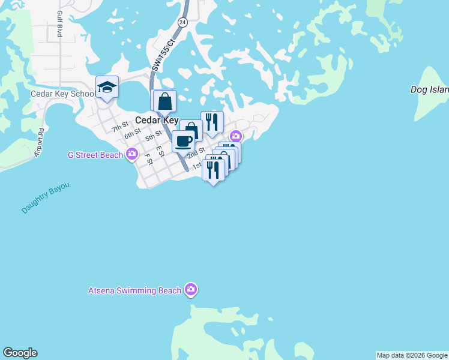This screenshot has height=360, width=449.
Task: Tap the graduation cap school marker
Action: click(107, 88)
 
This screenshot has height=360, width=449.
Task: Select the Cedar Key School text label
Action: click(63, 94)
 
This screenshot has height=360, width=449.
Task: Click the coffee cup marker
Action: click(183, 142)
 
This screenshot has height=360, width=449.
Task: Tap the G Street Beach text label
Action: click(95, 155)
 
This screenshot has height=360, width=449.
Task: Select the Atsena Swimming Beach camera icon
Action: click(191, 290)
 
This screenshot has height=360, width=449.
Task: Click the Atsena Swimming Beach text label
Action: click(134, 291)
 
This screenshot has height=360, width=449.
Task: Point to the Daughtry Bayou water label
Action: click(46, 198)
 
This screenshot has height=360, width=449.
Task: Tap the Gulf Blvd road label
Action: click(60, 24)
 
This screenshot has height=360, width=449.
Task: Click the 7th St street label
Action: click(120, 127)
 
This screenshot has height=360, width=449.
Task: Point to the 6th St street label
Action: click(133, 133)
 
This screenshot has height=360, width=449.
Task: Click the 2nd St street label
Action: click(196, 152)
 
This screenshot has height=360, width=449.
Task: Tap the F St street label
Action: click(148, 158)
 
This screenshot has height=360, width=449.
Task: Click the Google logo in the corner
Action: click(20, 353)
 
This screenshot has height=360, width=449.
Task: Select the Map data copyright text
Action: click(412, 355)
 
